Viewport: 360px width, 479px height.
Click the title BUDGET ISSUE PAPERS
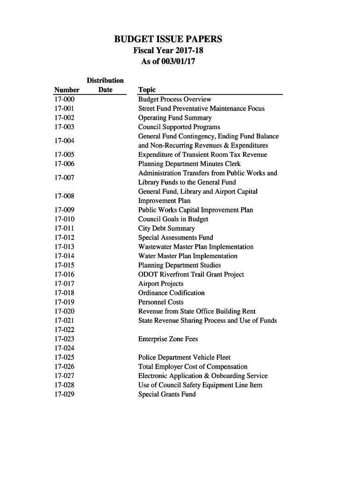(168, 39)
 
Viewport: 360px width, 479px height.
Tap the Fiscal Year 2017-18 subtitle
(168, 51)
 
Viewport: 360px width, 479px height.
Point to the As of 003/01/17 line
(168, 61)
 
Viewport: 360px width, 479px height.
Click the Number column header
(67, 90)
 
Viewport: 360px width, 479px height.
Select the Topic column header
(147, 90)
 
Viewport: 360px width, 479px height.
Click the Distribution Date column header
(105, 85)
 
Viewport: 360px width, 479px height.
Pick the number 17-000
(65, 99)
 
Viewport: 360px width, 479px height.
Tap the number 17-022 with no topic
(65, 330)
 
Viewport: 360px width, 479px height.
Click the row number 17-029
(65, 394)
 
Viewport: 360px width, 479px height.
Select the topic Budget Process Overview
(174, 99)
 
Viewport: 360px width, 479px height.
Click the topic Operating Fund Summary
(174, 118)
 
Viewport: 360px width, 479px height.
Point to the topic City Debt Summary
(166, 228)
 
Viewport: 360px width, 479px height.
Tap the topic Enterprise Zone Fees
(168, 339)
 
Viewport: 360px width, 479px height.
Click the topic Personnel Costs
(161, 302)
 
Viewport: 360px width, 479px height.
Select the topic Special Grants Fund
(167, 394)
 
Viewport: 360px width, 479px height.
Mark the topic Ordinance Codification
(171, 293)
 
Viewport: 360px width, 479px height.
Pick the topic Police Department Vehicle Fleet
(184, 357)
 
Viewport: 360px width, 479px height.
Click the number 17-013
(65, 247)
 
